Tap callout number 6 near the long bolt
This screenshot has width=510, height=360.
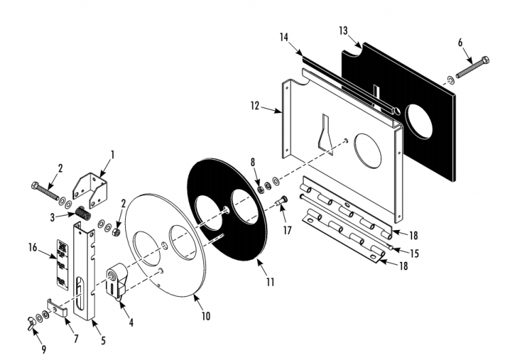[x=460, y=42]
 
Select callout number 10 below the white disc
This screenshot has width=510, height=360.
[x=206, y=316]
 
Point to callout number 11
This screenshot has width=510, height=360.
[x=270, y=280]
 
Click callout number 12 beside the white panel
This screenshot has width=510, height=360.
[x=255, y=107]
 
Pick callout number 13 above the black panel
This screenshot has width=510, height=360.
[x=343, y=31]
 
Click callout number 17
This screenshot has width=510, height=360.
[x=287, y=231]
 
